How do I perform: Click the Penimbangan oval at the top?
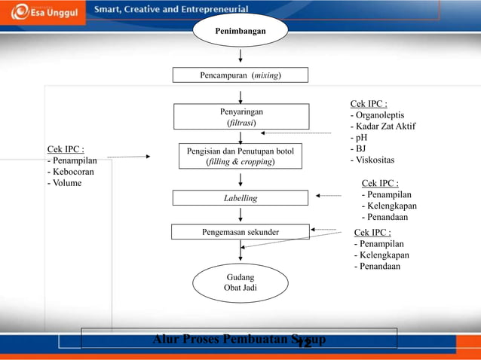tap(240, 31)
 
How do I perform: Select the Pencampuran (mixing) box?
tap(240, 75)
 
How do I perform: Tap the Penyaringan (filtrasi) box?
tap(241, 117)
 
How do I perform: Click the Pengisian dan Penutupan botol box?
tap(240, 156)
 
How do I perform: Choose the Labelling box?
tap(240, 198)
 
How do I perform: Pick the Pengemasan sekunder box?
tap(240, 232)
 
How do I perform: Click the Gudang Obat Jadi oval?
tap(240, 282)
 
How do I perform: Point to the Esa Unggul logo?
tap(41, 11)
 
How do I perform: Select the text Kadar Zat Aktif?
tap(384, 127)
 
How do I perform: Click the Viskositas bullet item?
tap(375, 160)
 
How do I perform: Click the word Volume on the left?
tap(66, 182)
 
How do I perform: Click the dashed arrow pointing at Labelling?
tap(329, 196)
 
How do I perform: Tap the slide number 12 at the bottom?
tap(304, 343)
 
